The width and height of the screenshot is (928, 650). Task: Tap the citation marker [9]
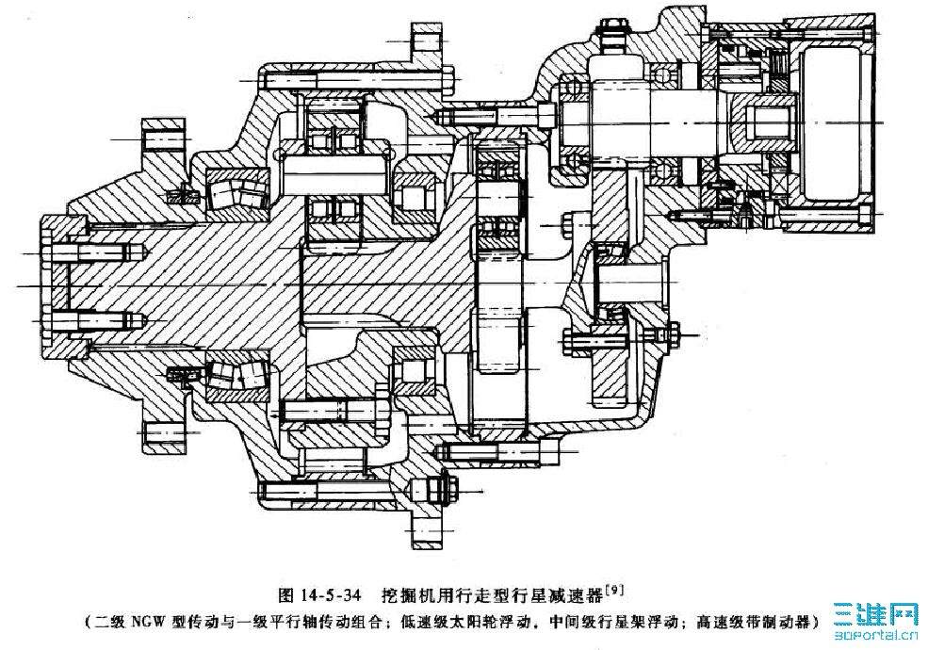(x=612, y=591)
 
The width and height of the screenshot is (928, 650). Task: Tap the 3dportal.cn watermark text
(x=875, y=637)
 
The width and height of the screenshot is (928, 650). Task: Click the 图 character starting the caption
(x=287, y=595)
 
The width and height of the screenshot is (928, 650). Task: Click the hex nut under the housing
(x=441, y=491)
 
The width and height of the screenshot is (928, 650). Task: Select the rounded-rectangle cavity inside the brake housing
(x=829, y=128)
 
